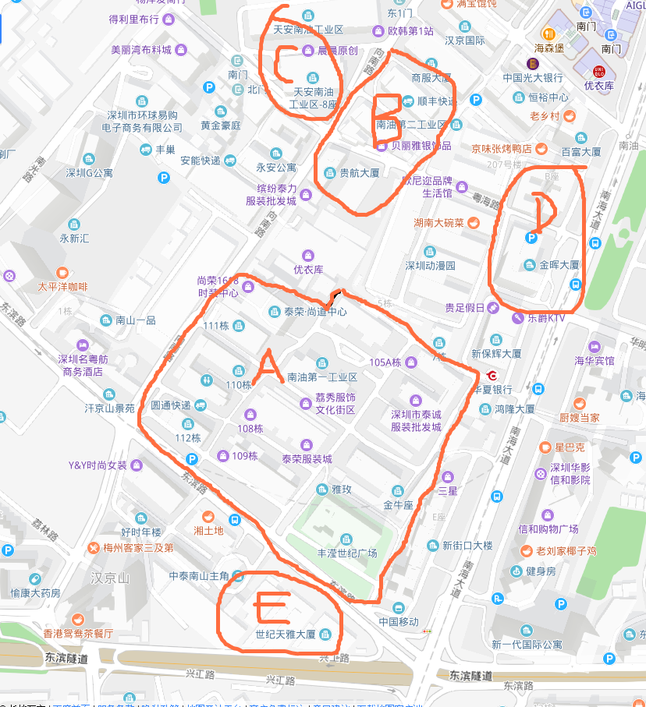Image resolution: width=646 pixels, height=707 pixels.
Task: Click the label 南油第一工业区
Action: [x=322, y=377]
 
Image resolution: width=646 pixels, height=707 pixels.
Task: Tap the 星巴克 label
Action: [x=569, y=448]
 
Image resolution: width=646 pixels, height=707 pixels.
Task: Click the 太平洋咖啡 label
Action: [x=63, y=286]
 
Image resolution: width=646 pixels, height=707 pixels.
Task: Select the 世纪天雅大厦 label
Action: [x=286, y=635]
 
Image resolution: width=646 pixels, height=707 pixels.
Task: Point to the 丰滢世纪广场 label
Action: [x=346, y=553]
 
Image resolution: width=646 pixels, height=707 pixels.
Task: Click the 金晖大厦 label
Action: [x=559, y=265]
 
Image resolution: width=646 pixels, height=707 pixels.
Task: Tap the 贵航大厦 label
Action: [x=359, y=173]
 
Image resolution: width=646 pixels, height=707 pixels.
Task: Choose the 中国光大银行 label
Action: [x=533, y=78]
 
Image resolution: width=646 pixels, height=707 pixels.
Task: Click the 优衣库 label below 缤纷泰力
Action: [x=307, y=269]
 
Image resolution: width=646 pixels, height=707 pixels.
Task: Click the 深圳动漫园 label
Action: [x=430, y=265]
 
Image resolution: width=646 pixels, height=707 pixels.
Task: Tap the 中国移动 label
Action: [x=399, y=621]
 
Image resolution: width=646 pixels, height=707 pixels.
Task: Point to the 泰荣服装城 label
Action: [x=307, y=459]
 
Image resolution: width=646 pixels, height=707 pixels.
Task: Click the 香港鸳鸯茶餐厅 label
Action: [x=78, y=633]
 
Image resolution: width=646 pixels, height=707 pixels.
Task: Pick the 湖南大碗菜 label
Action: [x=439, y=223]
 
